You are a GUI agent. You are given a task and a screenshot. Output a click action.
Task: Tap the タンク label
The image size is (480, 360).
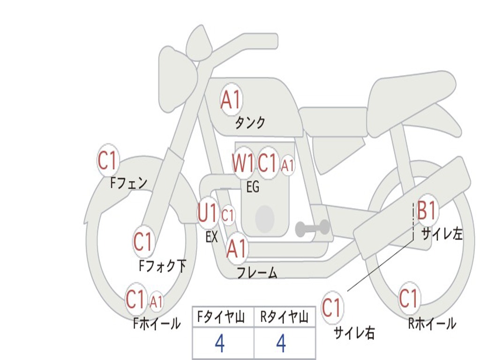click(250, 123)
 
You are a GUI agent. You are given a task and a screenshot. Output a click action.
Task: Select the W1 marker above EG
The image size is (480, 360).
click(243, 164)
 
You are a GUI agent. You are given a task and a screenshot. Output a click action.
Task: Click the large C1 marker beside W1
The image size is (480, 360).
click(268, 164)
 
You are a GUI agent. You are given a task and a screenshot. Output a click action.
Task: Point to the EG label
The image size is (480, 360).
click(253, 187)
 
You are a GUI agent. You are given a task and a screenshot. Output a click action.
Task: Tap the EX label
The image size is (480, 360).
click(212, 237)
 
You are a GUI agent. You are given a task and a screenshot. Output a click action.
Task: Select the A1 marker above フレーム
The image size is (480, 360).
click(237, 248)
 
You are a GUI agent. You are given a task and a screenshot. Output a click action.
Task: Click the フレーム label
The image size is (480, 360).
click(256, 273)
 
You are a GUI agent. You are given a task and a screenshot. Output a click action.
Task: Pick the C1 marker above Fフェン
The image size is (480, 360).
click(107, 161)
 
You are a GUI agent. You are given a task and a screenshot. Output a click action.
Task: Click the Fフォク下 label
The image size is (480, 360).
click(162, 266)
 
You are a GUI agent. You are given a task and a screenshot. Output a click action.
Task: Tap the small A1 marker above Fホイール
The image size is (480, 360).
click(156, 301)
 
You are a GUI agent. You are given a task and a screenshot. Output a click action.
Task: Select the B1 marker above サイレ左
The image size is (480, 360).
click(427, 210)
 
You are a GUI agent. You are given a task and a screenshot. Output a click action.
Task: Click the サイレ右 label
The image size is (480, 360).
click(354, 333)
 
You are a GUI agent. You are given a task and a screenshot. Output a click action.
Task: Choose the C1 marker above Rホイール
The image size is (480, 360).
click(408, 298)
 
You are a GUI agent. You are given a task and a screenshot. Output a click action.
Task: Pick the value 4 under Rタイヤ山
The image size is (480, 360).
click(281, 344)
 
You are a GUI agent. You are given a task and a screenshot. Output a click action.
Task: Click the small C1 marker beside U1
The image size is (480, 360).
click(227, 216)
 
